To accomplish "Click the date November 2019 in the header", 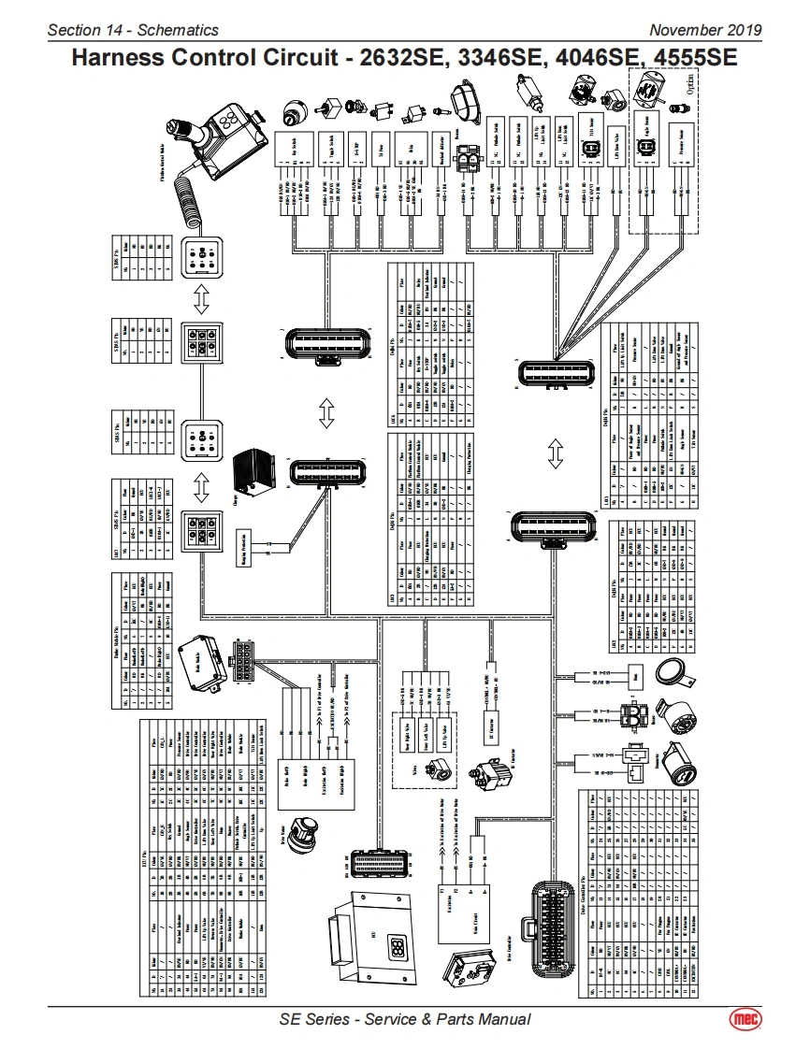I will pyautogui.click(x=705, y=30).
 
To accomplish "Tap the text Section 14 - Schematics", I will pyautogui.click(x=133, y=30).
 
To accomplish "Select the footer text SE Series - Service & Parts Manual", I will pyautogui.click(x=405, y=1019).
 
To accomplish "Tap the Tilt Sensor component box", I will pyautogui.click(x=591, y=141).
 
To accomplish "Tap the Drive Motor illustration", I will pyautogui.click(x=306, y=831).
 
